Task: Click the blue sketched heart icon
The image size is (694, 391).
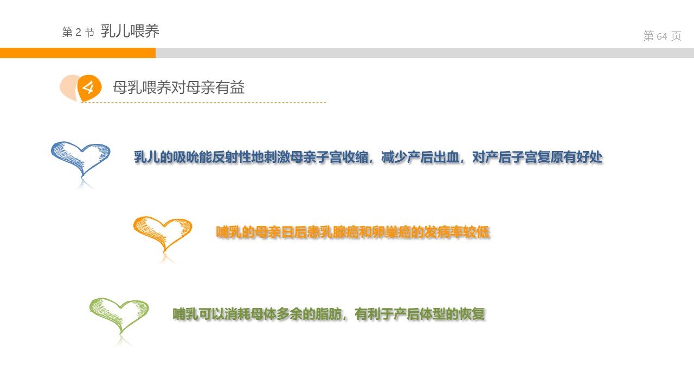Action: (x=81, y=160)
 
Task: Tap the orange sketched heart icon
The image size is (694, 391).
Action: (x=163, y=234)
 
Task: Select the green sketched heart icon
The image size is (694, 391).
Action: (x=119, y=316)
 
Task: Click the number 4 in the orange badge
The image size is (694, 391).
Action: (x=89, y=88)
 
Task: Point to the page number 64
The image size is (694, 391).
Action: (x=662, y=36)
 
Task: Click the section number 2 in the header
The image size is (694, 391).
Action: (x=78, y=32)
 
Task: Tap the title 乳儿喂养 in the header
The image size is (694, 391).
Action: (x=130, y=31)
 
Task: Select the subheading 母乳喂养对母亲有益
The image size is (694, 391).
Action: (x=178, y=87)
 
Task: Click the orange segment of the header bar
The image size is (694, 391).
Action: (x=78, y=53)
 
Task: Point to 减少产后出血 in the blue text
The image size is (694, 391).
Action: (x=420, y=157)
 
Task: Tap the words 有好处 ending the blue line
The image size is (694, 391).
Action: (x=583, y=157)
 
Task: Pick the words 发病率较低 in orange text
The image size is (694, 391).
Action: (x=457, y=232)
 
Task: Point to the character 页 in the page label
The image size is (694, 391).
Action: (x=676, y=36)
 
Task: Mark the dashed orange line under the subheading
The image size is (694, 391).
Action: (x=203, y=102)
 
